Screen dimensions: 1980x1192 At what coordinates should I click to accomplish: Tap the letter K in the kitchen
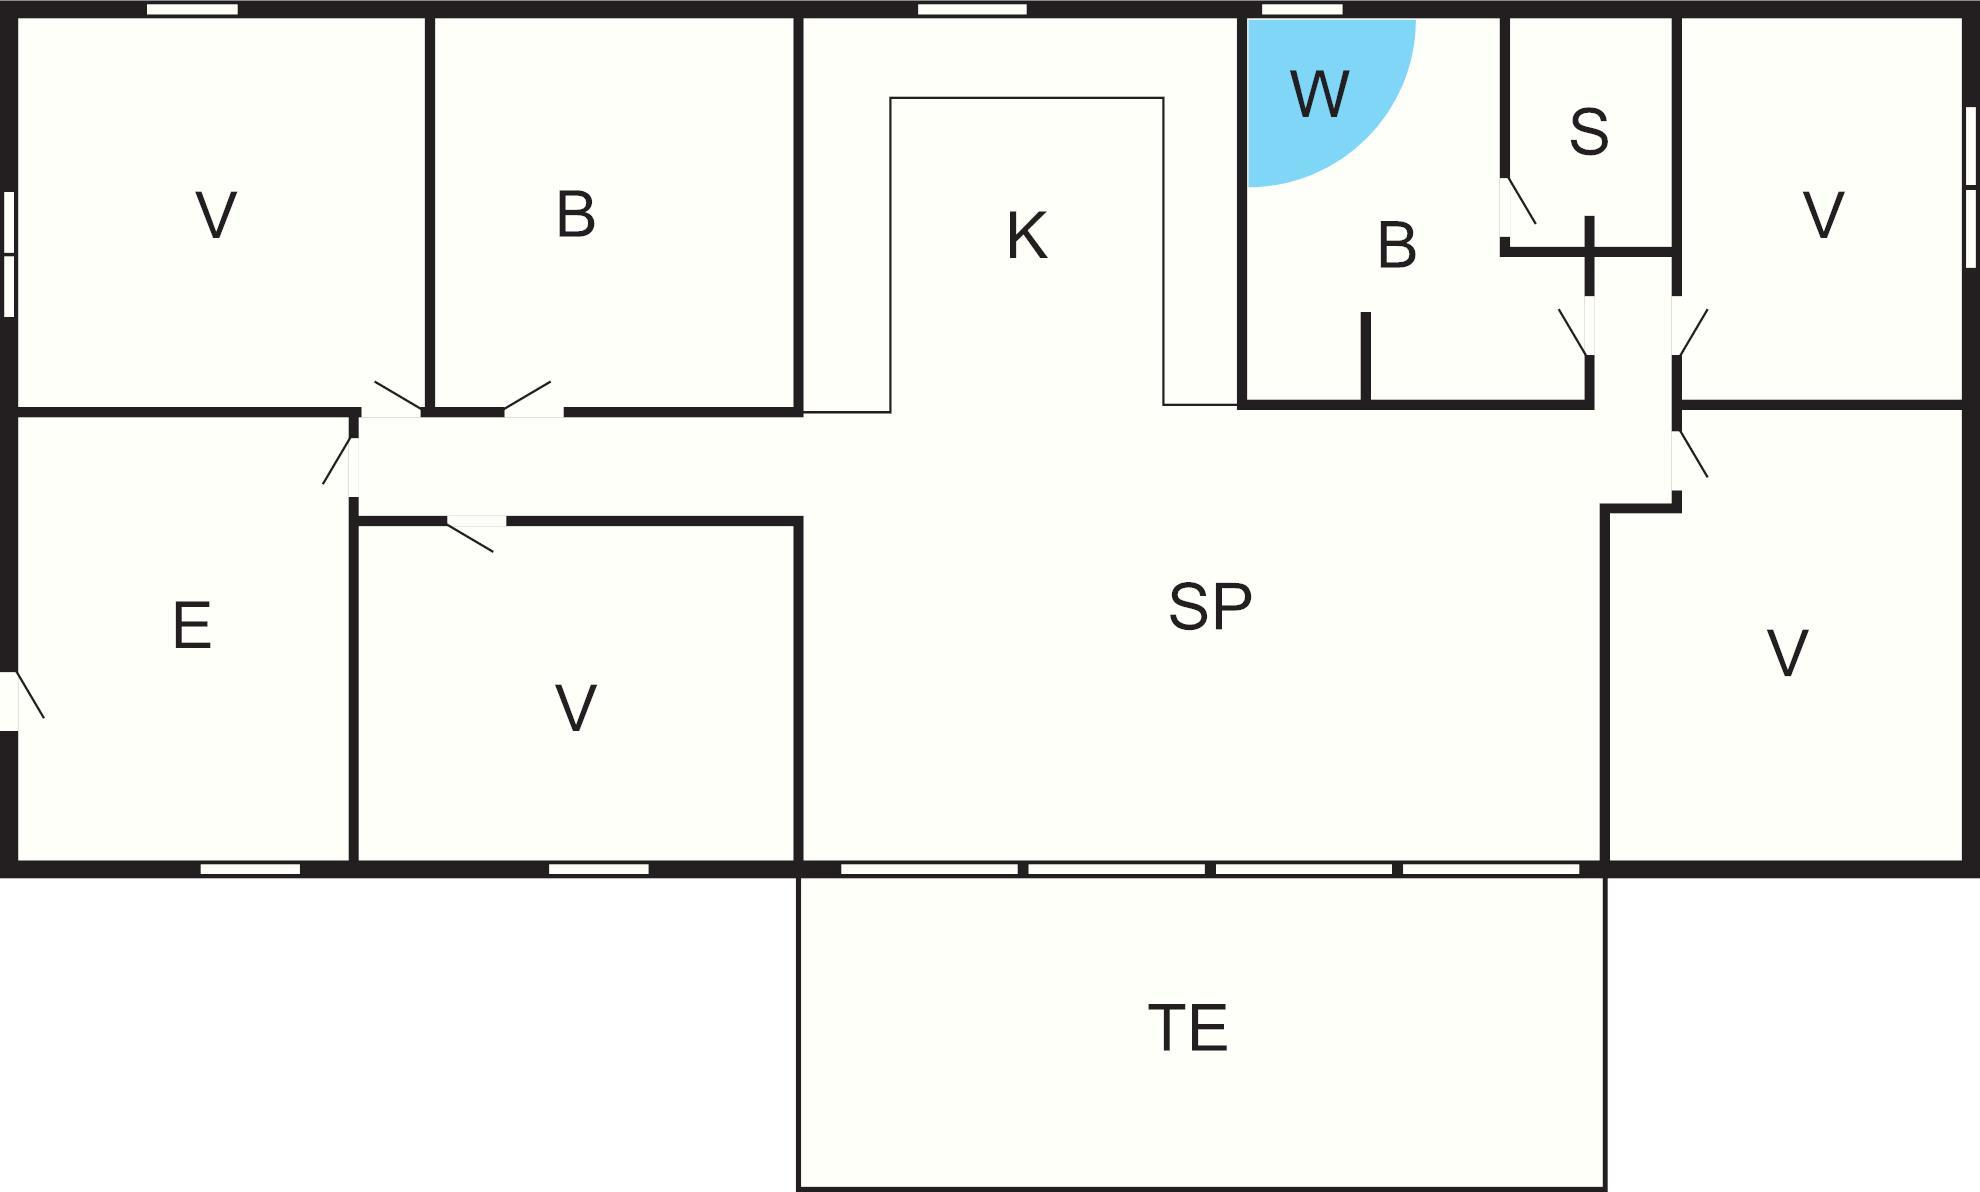[1027, 236]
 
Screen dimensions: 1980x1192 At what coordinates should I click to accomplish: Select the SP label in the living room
[1210, 606]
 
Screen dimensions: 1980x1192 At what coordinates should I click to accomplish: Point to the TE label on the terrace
[1188, 1027]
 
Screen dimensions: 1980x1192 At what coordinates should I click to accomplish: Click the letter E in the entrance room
[192, 625]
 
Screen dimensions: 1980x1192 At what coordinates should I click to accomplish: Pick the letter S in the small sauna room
[1589, 131]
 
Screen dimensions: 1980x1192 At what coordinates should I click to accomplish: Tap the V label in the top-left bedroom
[216, 214]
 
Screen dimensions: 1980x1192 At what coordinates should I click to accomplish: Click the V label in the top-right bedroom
[1823, 214]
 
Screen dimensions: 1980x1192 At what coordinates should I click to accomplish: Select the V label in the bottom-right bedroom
[1787, 653]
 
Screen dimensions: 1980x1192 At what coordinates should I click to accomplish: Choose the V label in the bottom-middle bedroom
[576, 708]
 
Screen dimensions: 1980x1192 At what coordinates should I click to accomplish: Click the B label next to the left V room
[576, 214]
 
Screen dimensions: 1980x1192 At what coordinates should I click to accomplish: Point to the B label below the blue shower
[1397, 245]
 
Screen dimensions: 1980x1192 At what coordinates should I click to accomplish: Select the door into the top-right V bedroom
[1690, 326]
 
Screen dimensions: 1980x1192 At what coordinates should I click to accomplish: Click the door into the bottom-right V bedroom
[1690, 460]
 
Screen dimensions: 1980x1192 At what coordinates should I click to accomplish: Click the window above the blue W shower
[1301, 9]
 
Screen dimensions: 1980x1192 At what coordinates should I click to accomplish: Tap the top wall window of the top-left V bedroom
[192, 9]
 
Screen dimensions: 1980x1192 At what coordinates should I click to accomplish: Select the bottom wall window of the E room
[250, 869]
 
